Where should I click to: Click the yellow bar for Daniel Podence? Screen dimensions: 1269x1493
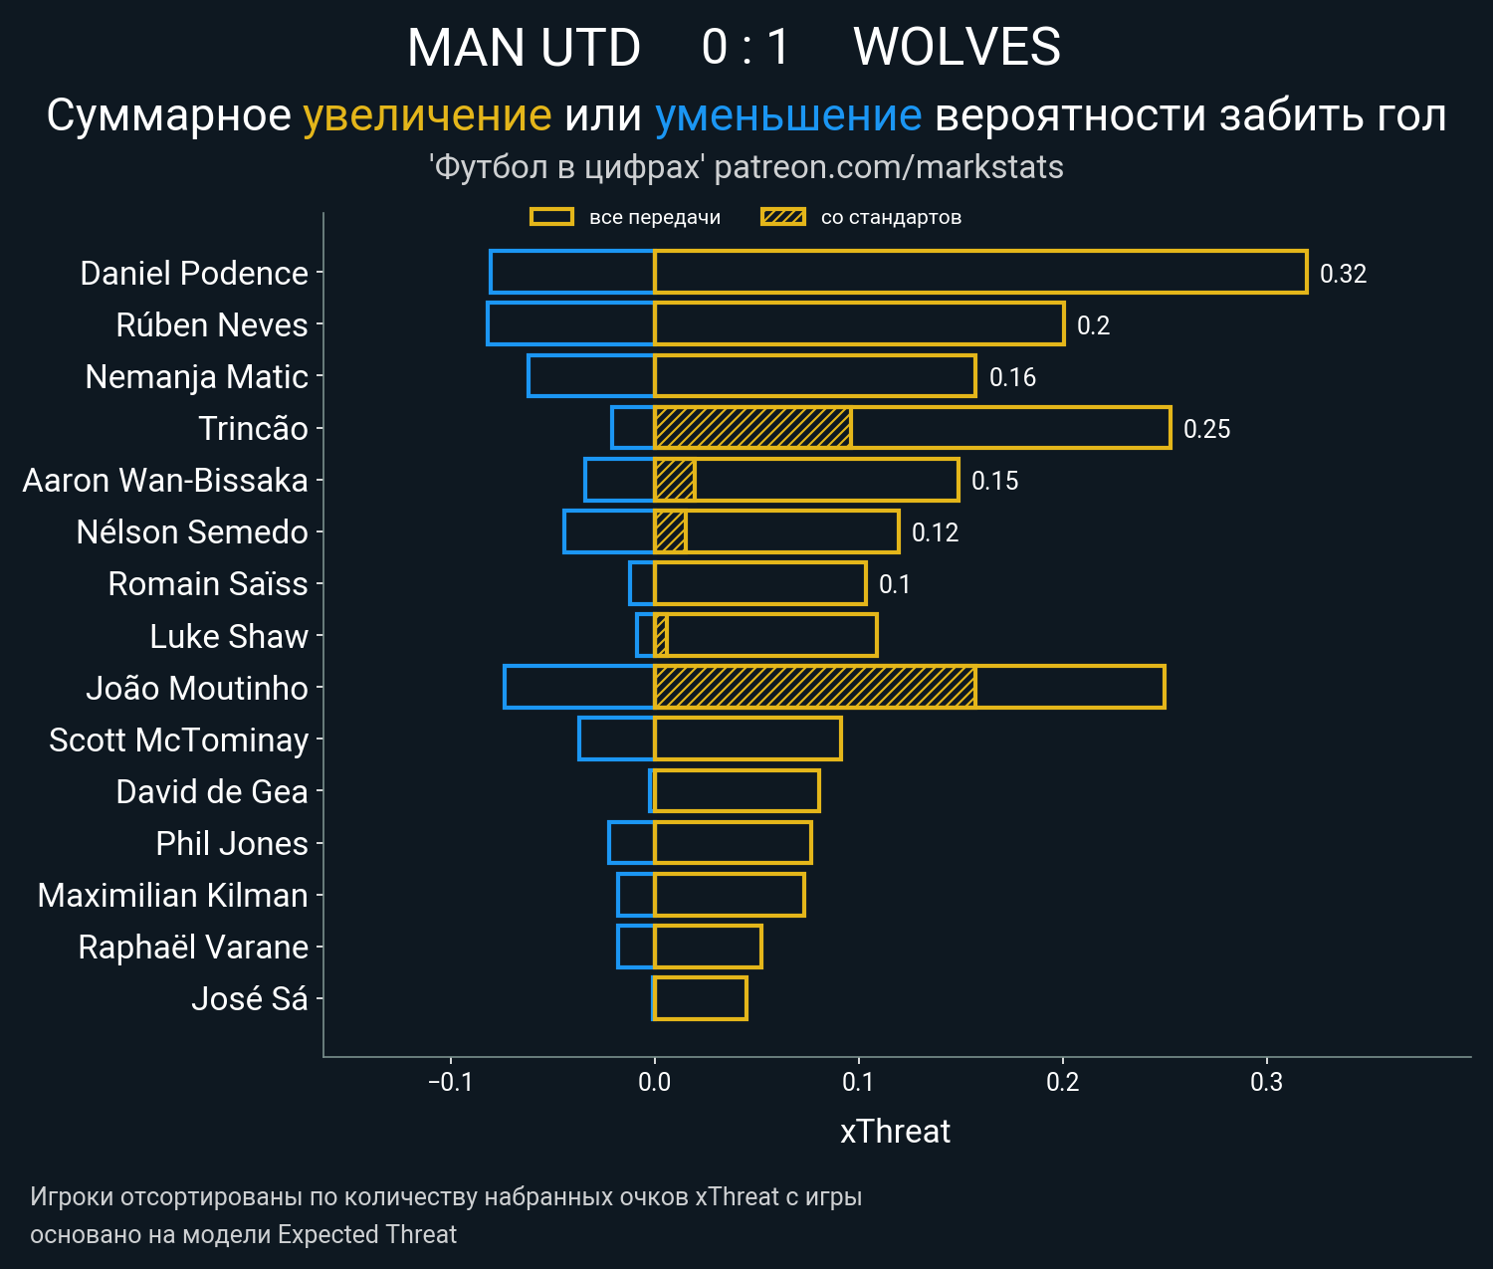(980, 273)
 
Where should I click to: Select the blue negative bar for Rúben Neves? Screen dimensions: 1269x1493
(570, 324)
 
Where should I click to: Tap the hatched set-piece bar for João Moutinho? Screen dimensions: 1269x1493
(814, 687)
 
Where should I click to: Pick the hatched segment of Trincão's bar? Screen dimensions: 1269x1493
(752, 428)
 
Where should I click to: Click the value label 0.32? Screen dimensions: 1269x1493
(1343, 274)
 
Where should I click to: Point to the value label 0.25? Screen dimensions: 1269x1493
(1206, 429)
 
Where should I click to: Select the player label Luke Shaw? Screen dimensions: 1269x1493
(229, 636)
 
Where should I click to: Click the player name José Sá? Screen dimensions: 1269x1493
(249, 998)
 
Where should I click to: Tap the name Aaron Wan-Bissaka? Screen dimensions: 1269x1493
(165, 481)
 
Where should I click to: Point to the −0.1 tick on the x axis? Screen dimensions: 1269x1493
(450, 1082)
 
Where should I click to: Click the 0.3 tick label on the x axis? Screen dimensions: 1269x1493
(1266, 1082)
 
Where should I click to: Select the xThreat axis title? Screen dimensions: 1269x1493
(895, 1132)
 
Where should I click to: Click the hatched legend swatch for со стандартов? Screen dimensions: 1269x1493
(782, 217)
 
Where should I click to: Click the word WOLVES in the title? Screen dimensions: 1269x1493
(957, 47)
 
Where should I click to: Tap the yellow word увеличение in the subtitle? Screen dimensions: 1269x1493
(427, 115)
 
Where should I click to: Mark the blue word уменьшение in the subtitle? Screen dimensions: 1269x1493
(788, 115)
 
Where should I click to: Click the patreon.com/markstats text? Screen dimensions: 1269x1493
(889, 167)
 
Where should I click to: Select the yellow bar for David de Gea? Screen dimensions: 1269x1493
(737, 791)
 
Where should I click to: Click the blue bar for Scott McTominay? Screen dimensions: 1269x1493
(616, 739)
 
